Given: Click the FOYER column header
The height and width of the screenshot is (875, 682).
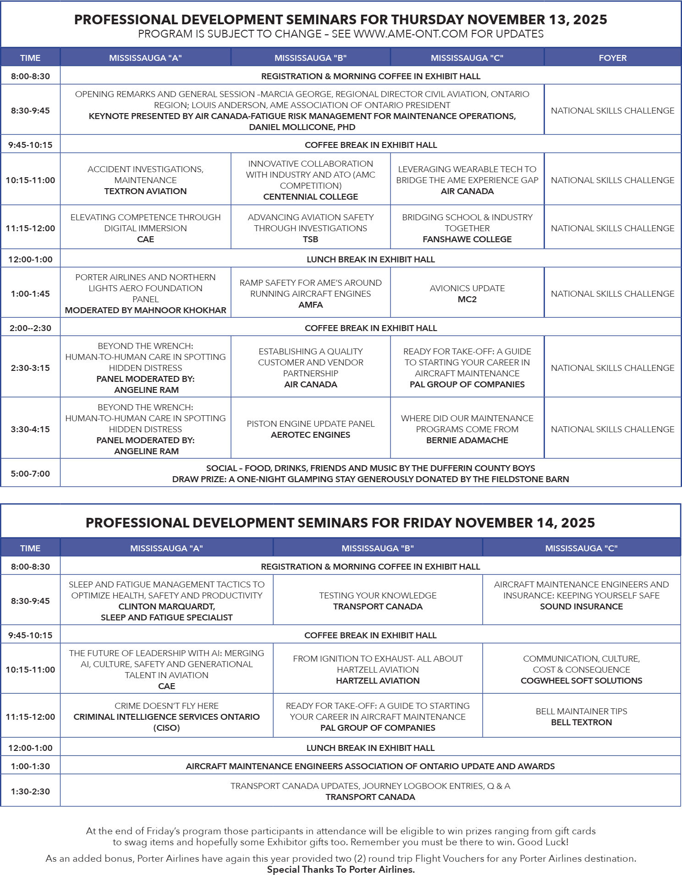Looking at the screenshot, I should tap(612, 58).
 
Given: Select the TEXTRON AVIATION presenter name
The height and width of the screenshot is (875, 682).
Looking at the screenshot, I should tap(145, 191).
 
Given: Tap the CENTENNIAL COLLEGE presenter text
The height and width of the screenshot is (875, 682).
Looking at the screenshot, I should tap(310, 197).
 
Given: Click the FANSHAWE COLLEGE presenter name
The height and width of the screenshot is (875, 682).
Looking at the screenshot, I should tap(467, 239).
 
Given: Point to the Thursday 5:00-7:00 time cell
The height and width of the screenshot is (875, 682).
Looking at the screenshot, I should tap(30, 473).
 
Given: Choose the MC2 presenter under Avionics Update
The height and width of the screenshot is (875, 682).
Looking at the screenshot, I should tap(467, 299).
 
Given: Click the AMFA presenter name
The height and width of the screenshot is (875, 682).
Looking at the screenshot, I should tap(310, 305).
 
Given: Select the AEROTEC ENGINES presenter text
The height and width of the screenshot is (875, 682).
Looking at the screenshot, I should tap(310, 435).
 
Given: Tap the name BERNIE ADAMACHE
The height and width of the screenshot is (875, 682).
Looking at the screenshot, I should tap(467, 440).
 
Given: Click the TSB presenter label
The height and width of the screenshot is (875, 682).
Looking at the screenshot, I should tap(310, 239).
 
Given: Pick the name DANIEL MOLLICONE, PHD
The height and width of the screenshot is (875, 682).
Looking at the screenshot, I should tap(302, 127).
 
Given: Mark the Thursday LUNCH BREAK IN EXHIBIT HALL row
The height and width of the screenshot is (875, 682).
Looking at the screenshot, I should tap(370, 260).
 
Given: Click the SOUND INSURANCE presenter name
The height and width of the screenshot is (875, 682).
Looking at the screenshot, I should tap(581, 607).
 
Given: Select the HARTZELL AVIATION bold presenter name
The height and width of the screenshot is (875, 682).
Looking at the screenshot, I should tap(378, 681).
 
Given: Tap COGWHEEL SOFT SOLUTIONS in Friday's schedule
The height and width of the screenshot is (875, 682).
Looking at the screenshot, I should tap(581, 681).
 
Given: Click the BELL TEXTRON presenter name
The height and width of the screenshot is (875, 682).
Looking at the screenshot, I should tap(581, 723).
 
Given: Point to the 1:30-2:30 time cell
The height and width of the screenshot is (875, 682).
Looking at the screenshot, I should tap(30, 792).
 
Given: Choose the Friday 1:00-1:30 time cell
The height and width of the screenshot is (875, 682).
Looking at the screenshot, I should tap(30, 766).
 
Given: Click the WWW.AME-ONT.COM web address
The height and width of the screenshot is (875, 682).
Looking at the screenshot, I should tap(411, 34).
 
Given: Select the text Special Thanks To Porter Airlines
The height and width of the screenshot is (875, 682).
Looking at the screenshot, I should tap(341, 870).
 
